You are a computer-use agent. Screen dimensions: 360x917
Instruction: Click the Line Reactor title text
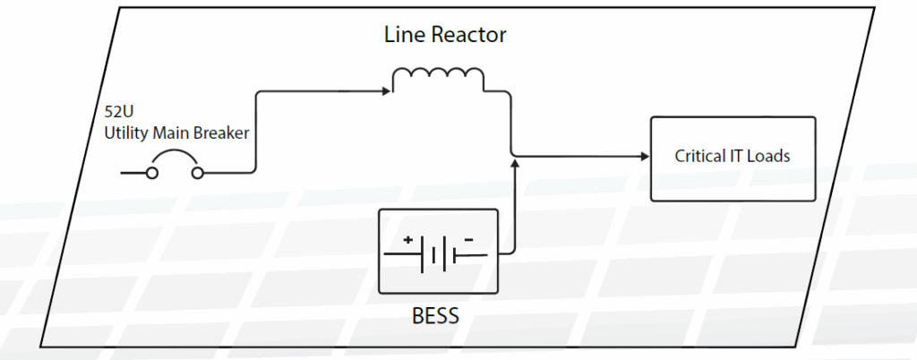pyautogui.click(x=445, y=36)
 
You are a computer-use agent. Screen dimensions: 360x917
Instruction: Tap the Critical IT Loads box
pyautogui.click(x=732, y=158)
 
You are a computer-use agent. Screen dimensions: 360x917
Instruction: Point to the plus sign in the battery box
pyautogui.click(x=407, y=240)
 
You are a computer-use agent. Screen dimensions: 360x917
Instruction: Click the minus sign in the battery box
pyautogui.click(x=467, y=240)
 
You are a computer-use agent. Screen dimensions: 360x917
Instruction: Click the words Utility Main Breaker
pyautogui.click(x=176, y=134)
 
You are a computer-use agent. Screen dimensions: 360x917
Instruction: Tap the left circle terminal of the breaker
pyautogui.click(x=152, y=173)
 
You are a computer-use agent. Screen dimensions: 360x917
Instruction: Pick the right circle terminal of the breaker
pyautogui.click(x=198, y=173)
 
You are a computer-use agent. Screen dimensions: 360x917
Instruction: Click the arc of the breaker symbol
pyautogui.click(x=176, y=158)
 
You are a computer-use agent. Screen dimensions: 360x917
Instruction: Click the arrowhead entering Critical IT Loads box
pyautogui.click(x=644, y=157)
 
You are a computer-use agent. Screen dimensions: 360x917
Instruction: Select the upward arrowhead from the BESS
pyautogui.click(x=516, y=164)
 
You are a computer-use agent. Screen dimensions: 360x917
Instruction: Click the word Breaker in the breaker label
pyautogui.click(x=224, y=134)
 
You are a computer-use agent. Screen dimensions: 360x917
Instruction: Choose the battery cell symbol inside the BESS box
pyautogui.click(x=437, y=255)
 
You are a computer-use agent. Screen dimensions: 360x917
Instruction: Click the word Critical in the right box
pyautogui.click(x=700, y=156)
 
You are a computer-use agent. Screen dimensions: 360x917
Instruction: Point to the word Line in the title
pyautogui.click(x=404, y=36)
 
